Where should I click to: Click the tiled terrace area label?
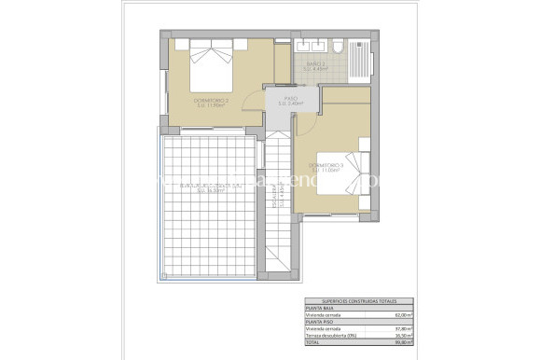[x=205, y=189]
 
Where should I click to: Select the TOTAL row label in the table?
[x=313, y=342]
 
